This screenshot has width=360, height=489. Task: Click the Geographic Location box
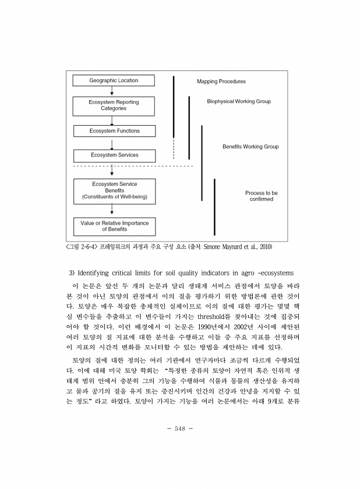click(x=114, y=80)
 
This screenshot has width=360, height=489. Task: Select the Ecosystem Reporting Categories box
click(x=114, y=105)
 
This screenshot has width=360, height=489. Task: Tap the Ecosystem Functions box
click(x=114, y=131)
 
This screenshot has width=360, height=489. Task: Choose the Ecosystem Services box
click(x=114, y=155)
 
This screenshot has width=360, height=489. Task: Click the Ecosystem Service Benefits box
click(x=114, y=191)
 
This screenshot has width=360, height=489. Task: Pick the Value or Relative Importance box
click(x=114, y=226)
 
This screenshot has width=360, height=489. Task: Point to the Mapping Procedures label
click(x=221, y=81)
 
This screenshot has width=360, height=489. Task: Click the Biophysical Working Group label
click(x=239, y=101)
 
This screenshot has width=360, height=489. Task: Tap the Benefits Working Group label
click(x=250, y=147)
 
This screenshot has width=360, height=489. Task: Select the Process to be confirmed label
click(x=263, y=196)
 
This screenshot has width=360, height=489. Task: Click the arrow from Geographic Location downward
click(x=111, y=91)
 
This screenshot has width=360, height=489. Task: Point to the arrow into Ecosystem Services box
click(x=111, y=144)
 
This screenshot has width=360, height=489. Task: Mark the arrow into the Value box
click(x=111, y=211)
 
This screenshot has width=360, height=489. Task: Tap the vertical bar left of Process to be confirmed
click(x=214, y=207)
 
